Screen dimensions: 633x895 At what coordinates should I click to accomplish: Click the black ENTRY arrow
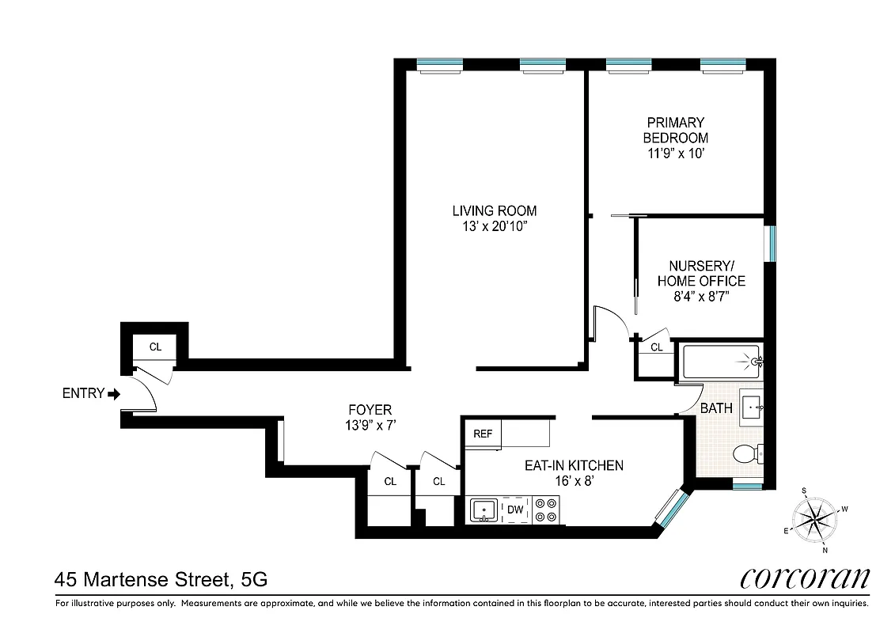point(114,393)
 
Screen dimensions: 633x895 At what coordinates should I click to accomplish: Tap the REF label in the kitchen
point(483,434)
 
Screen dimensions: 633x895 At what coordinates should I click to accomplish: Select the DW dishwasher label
point(515,510)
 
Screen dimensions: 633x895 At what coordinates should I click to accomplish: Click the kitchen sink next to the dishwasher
point(483,510)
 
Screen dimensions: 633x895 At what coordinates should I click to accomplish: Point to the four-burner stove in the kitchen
point(545,510)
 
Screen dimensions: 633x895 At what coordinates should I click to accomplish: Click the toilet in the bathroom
point(746,454)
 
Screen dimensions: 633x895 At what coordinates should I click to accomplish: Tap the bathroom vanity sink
point(751,405)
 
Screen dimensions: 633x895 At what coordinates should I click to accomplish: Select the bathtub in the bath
point(719,363)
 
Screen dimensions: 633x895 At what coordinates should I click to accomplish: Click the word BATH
point(716,409)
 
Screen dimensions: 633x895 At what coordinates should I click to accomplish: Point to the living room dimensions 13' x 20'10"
point(494,226)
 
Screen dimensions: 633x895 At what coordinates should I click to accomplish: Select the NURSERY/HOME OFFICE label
point(701,274)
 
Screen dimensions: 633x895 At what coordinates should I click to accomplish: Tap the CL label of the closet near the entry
point(156,346)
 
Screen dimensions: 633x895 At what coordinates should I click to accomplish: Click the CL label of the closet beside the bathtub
point(657,347)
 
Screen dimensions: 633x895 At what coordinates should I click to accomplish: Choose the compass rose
point(814,520)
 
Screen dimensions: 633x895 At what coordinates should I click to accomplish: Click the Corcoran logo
point(805,578)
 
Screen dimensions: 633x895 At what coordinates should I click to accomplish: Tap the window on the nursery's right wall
point(772,244)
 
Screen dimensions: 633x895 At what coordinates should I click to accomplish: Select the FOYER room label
point(370,417)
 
